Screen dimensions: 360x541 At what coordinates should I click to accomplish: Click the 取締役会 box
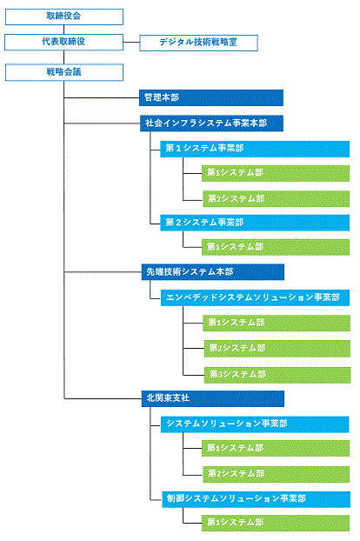click(64, 17)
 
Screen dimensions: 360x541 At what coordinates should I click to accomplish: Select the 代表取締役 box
click(63, 42)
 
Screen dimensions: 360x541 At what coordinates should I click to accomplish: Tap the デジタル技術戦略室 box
click(198, 43)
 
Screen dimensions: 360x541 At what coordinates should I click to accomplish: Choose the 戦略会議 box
click(64, 72)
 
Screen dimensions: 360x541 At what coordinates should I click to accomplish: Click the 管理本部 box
click(211, 97)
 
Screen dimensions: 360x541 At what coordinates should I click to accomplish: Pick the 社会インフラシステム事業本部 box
click(211, 124)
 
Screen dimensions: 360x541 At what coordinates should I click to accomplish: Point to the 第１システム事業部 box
click(255, 149)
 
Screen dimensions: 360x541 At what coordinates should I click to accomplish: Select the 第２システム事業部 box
click(255, 223)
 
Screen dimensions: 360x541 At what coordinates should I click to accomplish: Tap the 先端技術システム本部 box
click(213, 272)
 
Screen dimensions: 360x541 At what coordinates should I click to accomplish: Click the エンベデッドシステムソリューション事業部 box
click(255, 297)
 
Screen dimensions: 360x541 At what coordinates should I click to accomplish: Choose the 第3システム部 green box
click(277, 375)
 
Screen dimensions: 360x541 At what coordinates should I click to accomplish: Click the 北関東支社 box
click(213, 398)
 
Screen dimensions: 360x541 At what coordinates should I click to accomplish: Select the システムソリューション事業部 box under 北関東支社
click(255, 424)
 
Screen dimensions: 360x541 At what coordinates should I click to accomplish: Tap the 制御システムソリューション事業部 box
click(257, 499)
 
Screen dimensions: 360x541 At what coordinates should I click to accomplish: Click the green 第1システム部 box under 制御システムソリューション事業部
click(276, 523)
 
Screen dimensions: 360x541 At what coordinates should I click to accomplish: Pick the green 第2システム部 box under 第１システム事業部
click(277, 198)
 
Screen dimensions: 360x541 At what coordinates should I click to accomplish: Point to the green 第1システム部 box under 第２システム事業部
click(276, 247)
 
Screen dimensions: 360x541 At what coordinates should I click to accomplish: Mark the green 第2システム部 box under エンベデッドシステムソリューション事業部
click(277, 349)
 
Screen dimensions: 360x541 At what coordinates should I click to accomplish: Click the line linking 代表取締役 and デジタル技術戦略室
click(131, 43)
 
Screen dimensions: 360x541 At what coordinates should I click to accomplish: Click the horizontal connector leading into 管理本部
click(102, 98)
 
